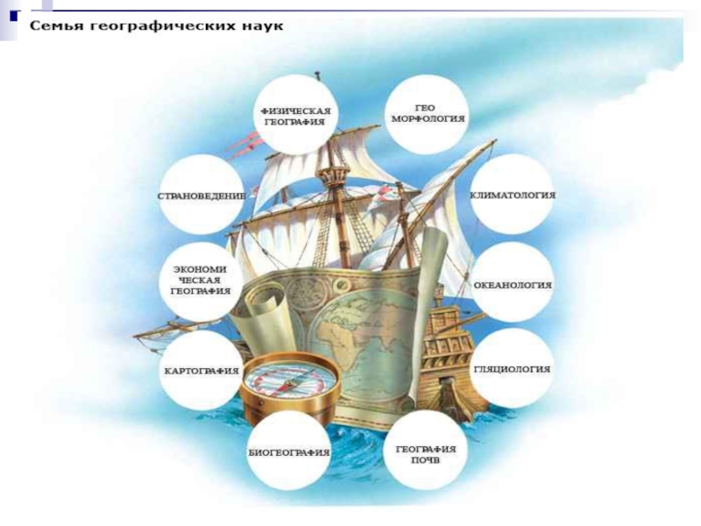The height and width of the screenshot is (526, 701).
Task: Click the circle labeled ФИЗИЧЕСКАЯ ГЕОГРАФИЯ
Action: click(294, 115)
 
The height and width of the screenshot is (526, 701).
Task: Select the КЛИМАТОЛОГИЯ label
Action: click(513, 195)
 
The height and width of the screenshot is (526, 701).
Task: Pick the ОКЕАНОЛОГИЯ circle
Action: click(513, 285)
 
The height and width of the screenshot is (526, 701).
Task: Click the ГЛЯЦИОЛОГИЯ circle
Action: click(513, 369)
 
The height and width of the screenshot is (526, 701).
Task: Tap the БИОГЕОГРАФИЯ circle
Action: click(288, 452)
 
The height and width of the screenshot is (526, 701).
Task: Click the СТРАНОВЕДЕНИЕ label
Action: click(202, 195)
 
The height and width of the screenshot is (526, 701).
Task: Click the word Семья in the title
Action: click(55, 25)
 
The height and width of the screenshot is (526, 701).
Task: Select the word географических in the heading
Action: click(158, 26)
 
